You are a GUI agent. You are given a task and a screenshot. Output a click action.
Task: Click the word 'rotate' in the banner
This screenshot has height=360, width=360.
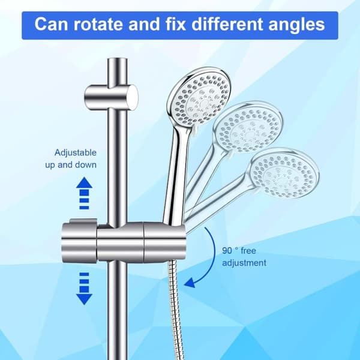98,24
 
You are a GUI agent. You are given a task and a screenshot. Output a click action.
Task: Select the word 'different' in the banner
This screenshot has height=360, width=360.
227,24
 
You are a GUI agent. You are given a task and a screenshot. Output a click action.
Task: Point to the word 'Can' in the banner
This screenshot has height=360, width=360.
51,24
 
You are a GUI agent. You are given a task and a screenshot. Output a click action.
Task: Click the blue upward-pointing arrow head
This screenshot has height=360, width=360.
84,182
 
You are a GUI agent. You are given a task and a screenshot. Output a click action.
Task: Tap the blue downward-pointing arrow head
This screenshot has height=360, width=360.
84,299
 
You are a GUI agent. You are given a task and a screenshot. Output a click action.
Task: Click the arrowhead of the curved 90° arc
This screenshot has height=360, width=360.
190,283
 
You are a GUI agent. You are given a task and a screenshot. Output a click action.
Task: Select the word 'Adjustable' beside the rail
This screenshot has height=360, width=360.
76,153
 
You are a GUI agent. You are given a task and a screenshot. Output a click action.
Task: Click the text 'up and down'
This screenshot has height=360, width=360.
71,165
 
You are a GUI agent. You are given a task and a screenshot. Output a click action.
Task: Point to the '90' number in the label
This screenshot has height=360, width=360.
227,250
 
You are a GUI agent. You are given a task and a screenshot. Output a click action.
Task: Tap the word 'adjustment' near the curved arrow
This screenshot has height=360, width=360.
244,263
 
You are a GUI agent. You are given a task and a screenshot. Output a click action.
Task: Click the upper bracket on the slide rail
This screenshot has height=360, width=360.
112,97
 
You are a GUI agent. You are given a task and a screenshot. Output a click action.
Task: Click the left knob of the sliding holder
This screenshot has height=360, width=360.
79,241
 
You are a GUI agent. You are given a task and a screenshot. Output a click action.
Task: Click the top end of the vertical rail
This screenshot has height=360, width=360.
118,59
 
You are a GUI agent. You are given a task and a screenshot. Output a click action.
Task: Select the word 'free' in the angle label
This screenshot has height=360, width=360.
248,250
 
